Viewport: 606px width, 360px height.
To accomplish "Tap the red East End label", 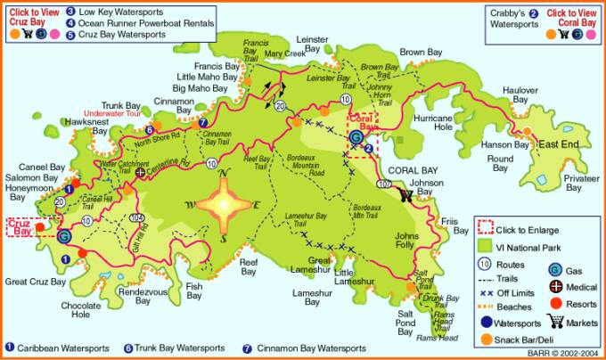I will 561,144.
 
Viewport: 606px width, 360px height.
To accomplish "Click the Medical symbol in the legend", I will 554,286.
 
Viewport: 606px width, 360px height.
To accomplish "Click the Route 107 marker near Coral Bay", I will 384,184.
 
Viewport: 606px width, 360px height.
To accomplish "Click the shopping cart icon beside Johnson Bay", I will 406,193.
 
